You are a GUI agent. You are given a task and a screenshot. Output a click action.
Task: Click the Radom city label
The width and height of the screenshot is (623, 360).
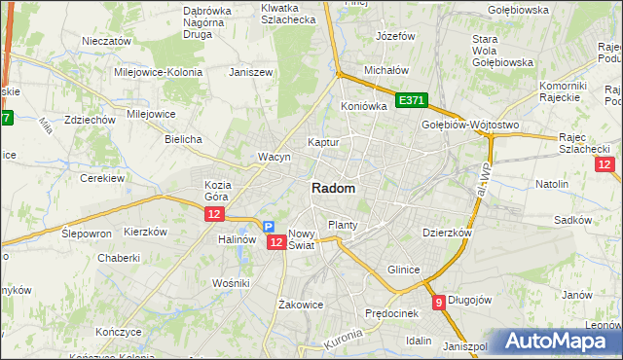coord(333,188)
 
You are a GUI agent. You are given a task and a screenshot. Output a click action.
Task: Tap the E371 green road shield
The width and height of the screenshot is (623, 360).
coord(412,100)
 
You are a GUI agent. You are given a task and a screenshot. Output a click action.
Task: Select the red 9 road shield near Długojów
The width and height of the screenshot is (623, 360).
coord(439,302)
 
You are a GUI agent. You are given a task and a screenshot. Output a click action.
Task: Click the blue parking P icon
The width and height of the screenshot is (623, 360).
coord(268,227)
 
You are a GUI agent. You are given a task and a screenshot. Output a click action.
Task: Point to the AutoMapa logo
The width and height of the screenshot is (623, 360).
coord(559,342)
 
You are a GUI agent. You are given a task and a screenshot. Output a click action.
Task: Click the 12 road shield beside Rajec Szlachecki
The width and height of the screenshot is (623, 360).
coord(605,165)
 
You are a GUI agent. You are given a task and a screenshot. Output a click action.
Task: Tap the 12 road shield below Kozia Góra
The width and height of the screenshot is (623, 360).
coord(215,214)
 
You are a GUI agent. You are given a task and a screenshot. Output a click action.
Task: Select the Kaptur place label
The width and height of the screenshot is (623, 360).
coord(323,142)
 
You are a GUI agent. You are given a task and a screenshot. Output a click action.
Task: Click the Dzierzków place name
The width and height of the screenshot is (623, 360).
coord(447,234)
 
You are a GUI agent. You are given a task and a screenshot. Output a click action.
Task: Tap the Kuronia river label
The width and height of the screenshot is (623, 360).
coord(342,341)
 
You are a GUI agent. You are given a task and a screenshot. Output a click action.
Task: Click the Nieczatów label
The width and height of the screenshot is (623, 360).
coord(107,42)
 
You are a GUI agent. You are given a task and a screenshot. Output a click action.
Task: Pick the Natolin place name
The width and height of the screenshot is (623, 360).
coord(552,183)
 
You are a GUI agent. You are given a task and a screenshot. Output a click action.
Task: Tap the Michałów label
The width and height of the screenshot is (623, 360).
coord(385,71)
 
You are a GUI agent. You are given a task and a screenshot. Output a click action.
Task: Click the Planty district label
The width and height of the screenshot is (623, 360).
coord(343,225)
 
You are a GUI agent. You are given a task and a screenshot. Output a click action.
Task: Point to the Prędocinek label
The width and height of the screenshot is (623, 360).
coord(391,313)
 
